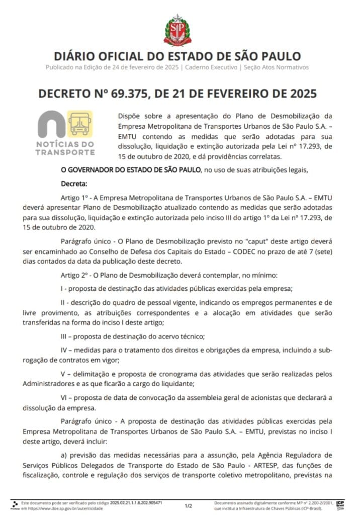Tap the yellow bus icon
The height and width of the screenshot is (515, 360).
79,124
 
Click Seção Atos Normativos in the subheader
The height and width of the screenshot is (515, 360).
276,67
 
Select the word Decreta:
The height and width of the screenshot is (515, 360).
73,184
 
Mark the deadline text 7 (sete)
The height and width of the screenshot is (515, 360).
319,251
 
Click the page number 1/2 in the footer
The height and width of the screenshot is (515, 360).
188,505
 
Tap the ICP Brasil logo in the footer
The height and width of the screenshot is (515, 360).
340,504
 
